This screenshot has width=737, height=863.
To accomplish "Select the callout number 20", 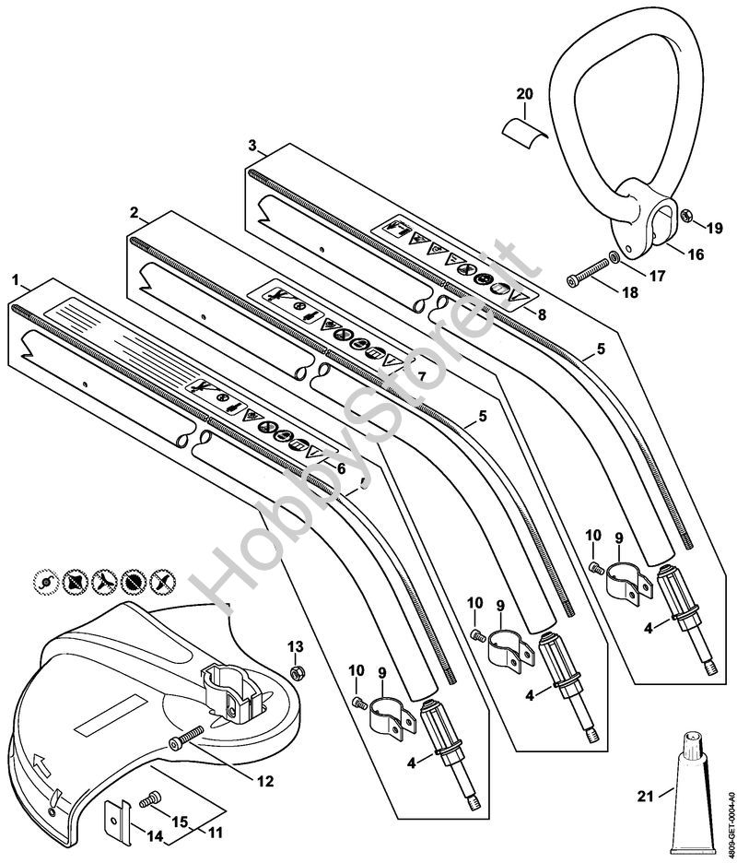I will point(524,94).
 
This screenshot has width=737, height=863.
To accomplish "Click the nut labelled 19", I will point(685,217).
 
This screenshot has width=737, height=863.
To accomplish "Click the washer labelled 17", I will point(613,260).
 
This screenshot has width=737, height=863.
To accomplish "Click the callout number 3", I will point(252,146).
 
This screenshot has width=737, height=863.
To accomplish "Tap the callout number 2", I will point(135,212).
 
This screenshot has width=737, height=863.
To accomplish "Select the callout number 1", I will point(15,277).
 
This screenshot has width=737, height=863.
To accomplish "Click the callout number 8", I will point(542,314).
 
